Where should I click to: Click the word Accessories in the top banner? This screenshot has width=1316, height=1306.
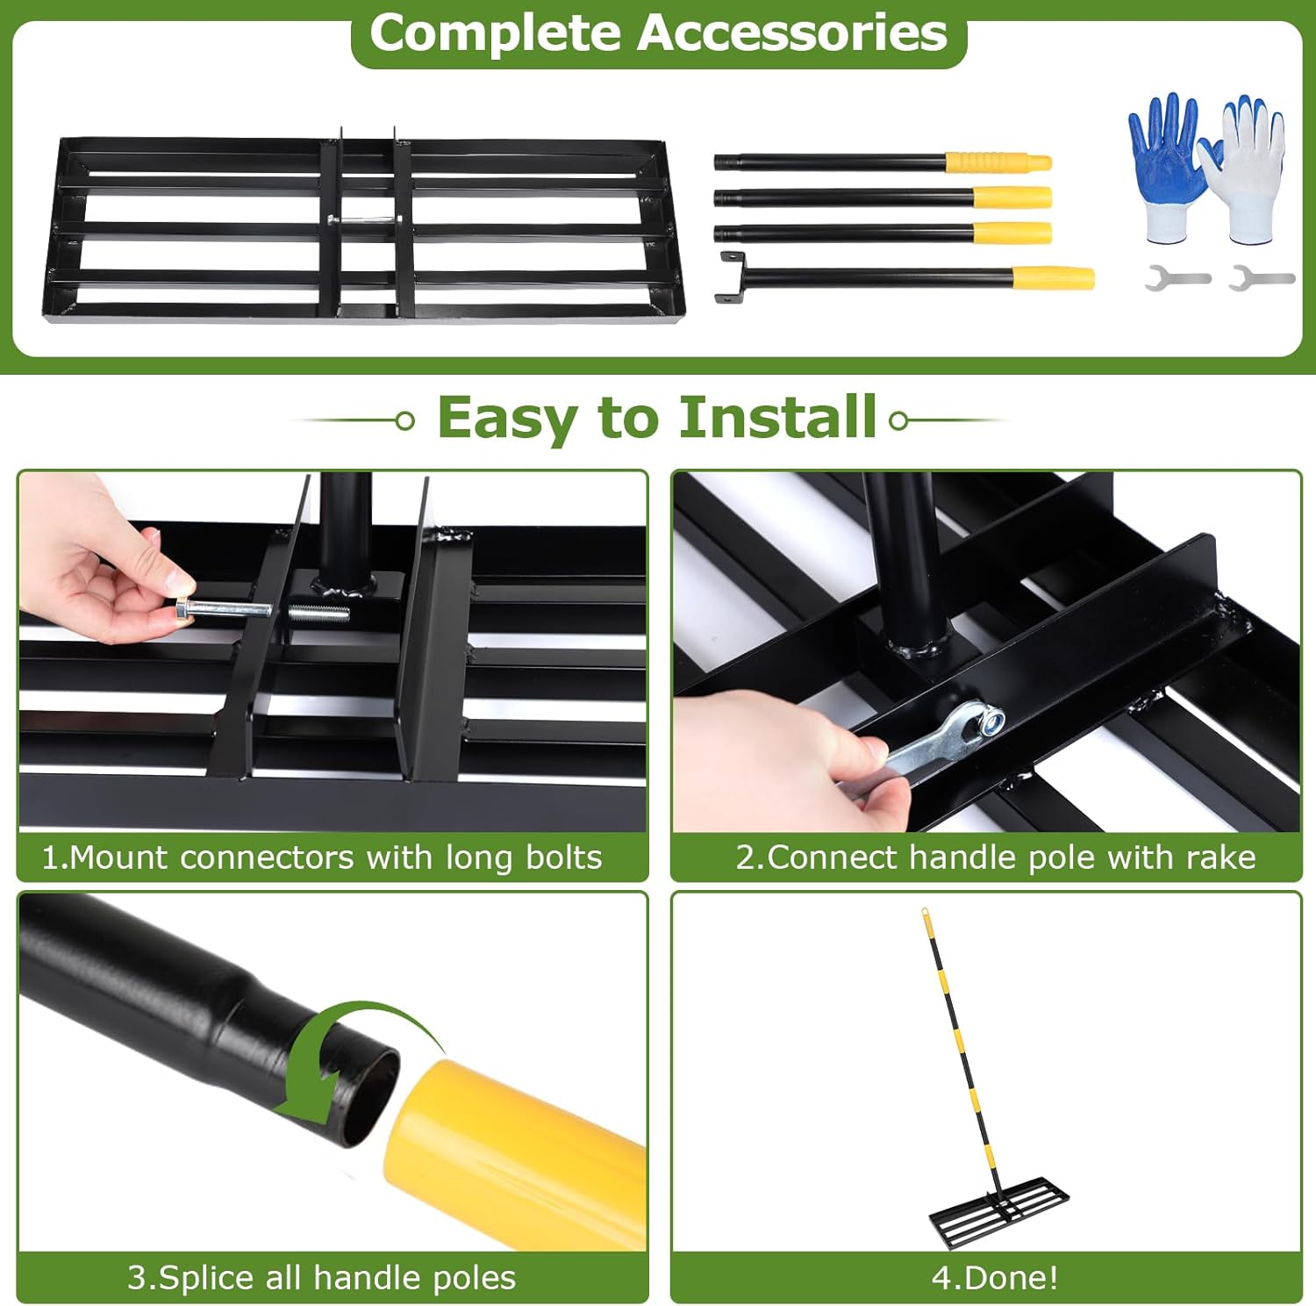791,32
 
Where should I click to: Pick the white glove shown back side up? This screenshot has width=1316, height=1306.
1245,169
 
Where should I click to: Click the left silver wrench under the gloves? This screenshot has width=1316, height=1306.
1177,278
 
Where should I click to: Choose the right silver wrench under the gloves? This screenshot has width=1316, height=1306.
1262,278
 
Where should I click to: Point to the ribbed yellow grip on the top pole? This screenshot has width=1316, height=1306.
998,162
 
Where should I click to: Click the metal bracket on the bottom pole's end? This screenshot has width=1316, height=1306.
732,277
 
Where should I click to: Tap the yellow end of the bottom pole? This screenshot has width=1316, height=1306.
1053,278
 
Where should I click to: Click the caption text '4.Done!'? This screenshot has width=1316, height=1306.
995,1277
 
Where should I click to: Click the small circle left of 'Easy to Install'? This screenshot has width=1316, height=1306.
404,421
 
